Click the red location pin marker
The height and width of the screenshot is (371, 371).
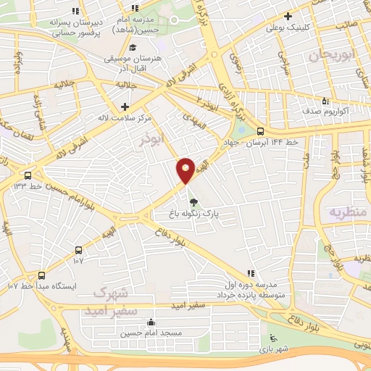[x=186, y=170]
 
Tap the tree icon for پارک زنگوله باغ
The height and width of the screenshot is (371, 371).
[x=193, y=202]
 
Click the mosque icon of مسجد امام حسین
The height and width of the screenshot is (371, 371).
[x=151, y=322]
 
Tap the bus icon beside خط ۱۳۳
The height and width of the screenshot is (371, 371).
[x=28, y=175]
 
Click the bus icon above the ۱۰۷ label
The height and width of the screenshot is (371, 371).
[x=78, y=249]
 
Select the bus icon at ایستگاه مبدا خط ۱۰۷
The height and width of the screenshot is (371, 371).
[x=41, y=275]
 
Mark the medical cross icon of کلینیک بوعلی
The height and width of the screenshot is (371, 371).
[x=288, y=16]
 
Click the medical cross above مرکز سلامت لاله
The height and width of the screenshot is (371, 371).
[x=125, y=106]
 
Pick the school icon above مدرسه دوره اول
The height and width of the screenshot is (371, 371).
[x=250, y=273]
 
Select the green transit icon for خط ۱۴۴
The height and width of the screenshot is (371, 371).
[x=261, y=131]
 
